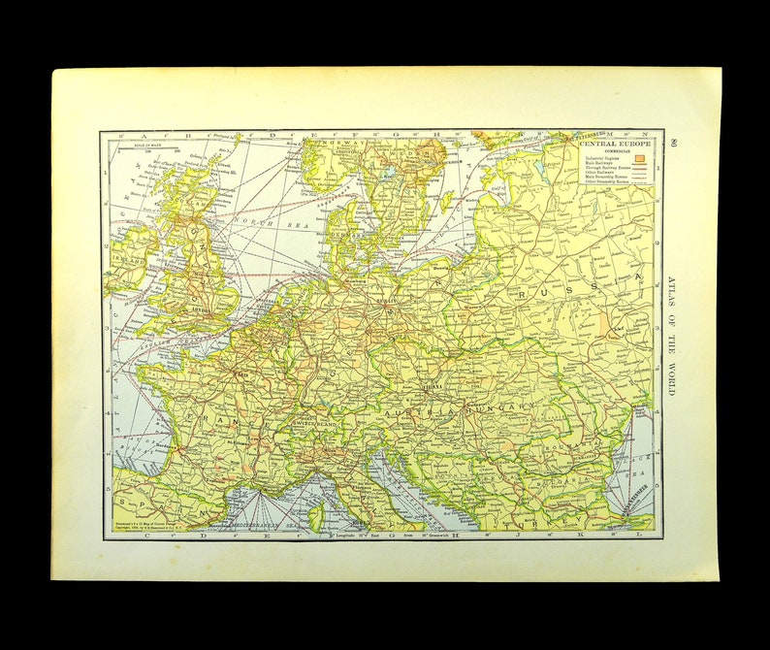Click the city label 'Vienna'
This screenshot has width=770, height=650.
pos(431,385)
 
